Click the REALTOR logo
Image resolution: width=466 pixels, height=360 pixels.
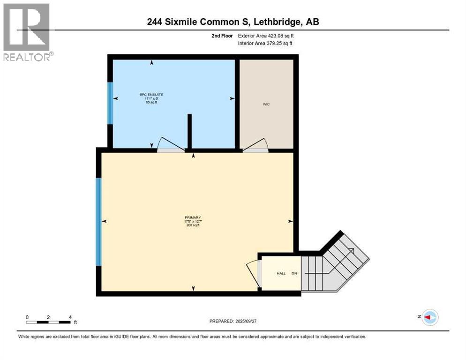pos(27,32)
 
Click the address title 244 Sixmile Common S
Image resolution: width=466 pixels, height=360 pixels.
pos(233,22)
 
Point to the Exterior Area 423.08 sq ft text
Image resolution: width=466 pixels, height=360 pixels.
pos(266,36)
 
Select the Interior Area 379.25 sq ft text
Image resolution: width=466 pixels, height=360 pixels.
pos(265,44)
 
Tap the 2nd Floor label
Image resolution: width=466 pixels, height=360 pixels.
pos(222,36)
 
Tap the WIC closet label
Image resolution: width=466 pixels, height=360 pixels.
pos(266,105)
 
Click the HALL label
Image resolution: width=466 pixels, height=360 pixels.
pos(280,273)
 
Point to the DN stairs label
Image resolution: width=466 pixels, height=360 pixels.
pos(294,273)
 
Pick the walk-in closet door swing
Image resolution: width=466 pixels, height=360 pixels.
pos(256,145)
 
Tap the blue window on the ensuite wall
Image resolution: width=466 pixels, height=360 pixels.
pos(110,103)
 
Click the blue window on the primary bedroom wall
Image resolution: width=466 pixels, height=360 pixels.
pos(98,221)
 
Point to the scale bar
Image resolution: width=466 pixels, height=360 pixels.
pos(49,322)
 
